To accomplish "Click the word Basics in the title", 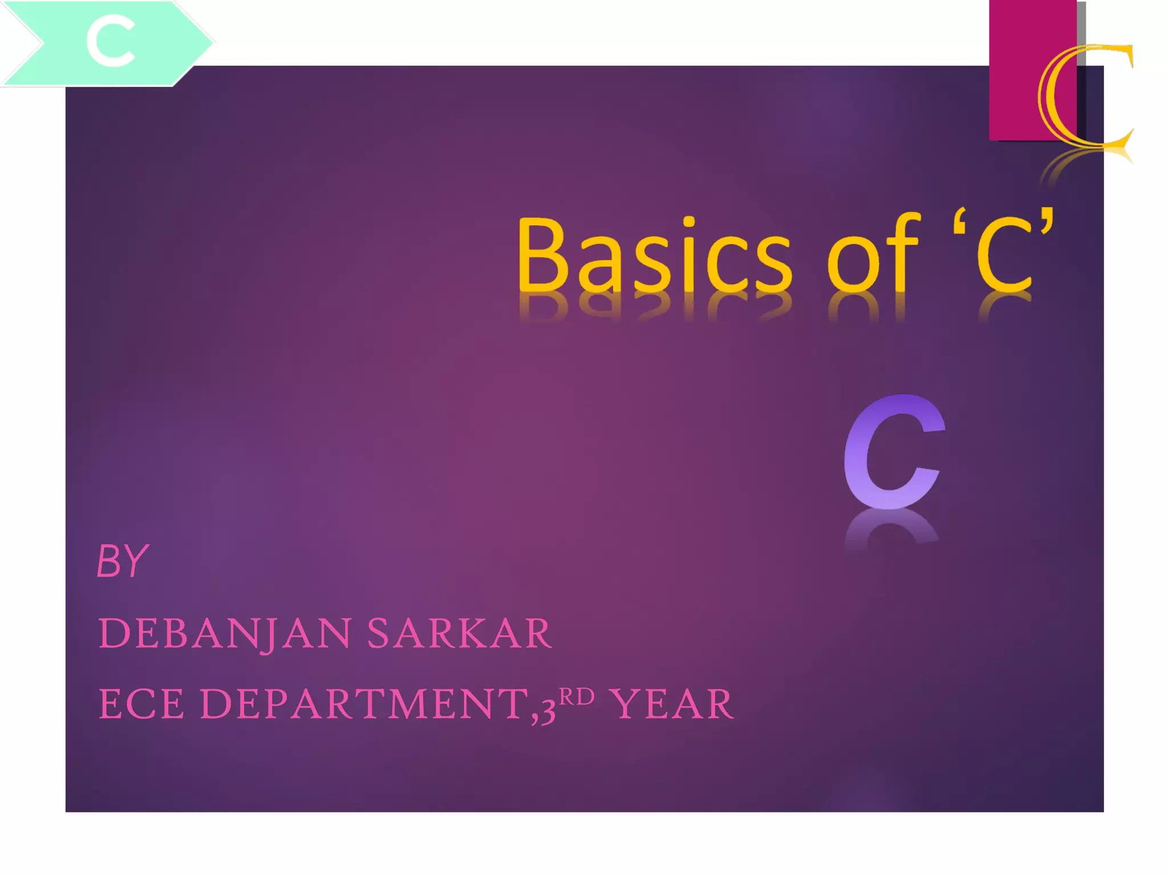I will click(x=654, y=255).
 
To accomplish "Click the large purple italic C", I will click(x=893, y=451).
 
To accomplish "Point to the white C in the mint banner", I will click(x=111, y=41).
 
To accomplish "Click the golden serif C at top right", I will click(x=1084, y=97).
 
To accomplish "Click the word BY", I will click(x=122, y=561).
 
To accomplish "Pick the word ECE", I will click(x=142, y=704).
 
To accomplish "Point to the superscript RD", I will click(x=577, y=696).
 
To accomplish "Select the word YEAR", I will click(x=671, y=704).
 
